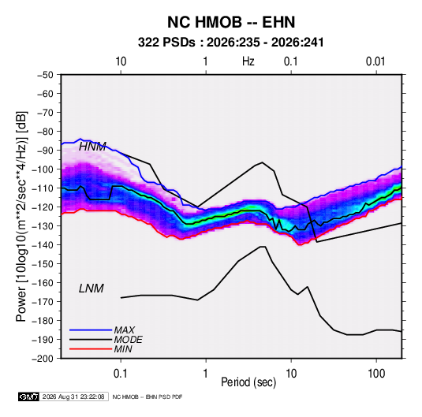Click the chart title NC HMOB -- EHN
click(x=231, y=22)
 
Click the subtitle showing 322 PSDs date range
click(x=230, y=43)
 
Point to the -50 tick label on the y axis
click(x=45, y=75)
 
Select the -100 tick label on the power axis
click(x=43, y=169)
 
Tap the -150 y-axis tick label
click(x=43, y=263)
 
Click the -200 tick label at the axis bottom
click(x=43, y=359)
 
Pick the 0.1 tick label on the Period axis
click(x=121, y=374)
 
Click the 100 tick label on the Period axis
click(x=376, y=374)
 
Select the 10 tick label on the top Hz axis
click(x=121, y=61)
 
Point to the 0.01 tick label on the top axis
click(x=375, y=61)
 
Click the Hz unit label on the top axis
click(x=248, y=61)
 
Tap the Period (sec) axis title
click(x=248, y=382)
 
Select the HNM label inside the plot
click(x=92, y=147)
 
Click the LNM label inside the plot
click(x=91, y=289)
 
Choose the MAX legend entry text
click(x=125, y=330)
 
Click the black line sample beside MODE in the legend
click(x=91, y=340)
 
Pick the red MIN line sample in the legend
click(x=91, y=349)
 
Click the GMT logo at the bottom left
click(x=28, y=397)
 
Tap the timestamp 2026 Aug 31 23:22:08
click(x=73, y=397)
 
